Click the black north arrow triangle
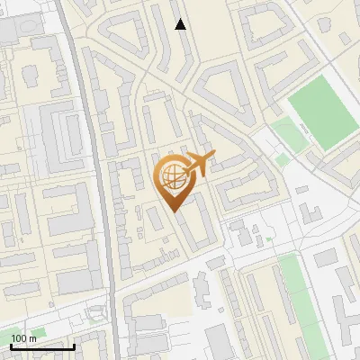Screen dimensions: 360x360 181,24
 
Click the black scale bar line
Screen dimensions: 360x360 41,346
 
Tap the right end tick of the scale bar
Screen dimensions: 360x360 73,345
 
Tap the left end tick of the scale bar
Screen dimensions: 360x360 10,345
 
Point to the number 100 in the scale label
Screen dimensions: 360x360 20,337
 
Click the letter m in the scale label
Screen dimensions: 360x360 33,337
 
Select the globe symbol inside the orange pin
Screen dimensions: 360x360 171,176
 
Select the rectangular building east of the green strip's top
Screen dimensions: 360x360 326,270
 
